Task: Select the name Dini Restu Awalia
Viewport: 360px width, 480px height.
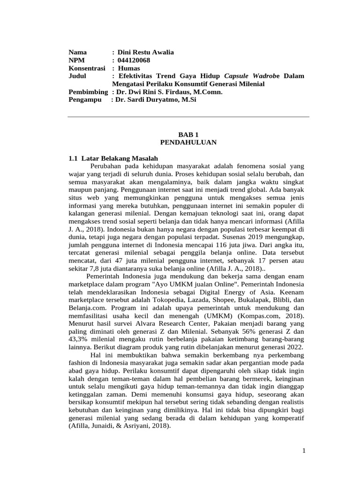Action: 146,52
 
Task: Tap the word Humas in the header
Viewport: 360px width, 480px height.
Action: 129,68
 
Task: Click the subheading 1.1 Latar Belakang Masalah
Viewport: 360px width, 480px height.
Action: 114,158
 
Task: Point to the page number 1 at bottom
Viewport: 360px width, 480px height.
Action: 304,451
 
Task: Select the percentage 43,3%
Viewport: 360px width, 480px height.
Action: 79,339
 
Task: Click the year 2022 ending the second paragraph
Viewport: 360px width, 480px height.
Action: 294,347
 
